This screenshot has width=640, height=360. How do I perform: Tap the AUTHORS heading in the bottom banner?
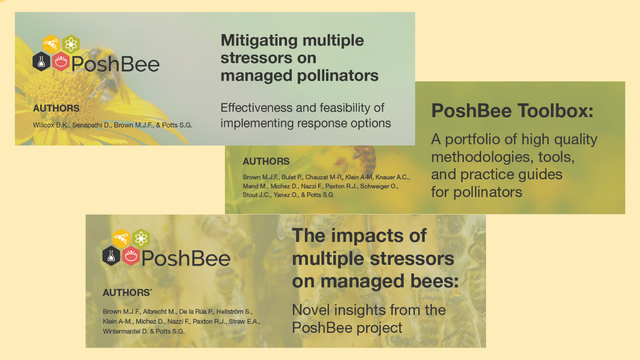(127, 293)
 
